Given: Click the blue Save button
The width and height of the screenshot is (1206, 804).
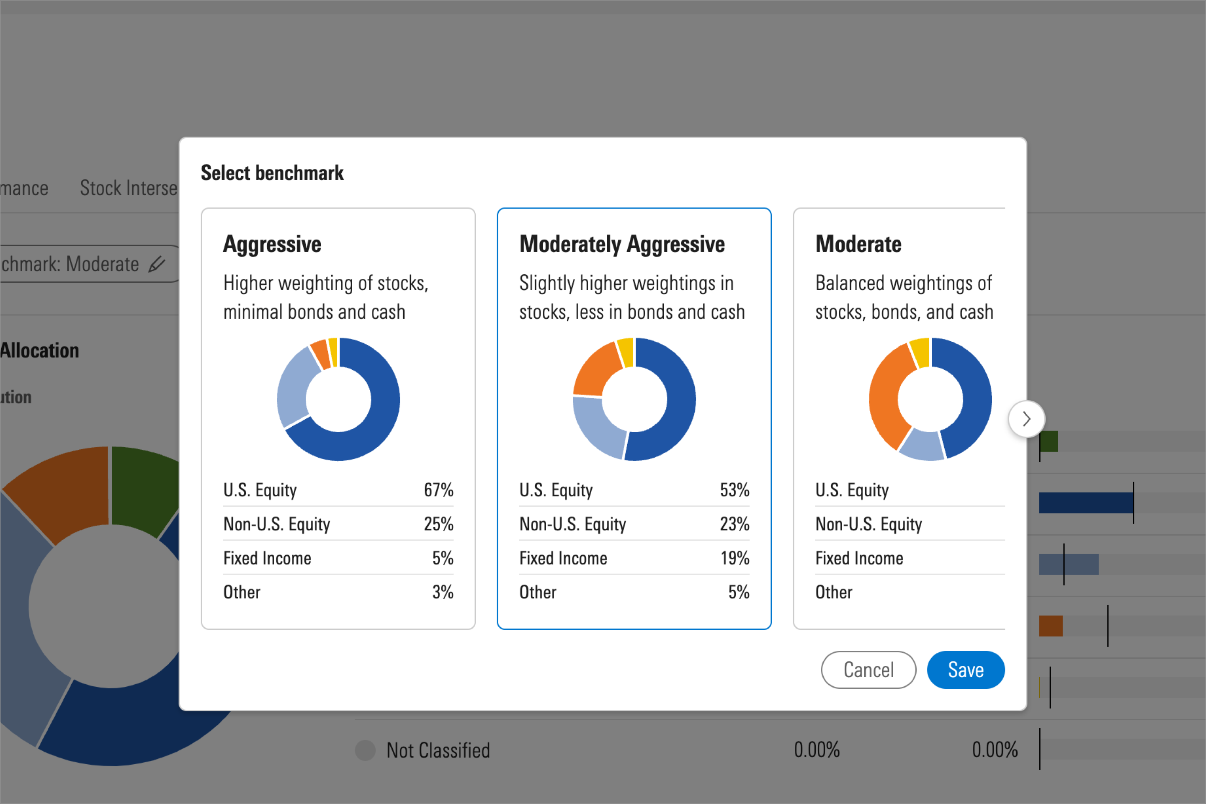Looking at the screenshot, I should [x=966, y=670].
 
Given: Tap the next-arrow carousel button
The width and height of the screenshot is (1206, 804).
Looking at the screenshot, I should [x=1026, y=419].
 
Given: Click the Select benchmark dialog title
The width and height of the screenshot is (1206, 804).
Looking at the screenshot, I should [x=272, y=173].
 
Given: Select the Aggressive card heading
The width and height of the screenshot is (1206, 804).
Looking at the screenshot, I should [x=272, y=244].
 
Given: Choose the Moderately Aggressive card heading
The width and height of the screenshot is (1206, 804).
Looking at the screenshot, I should [x=622, y=244].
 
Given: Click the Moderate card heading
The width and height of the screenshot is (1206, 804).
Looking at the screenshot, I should [x=858, y=244].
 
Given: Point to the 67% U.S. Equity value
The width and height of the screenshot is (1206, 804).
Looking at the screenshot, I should [x=438, y=490].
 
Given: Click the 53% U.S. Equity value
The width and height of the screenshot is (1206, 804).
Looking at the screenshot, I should [x=734, y=490].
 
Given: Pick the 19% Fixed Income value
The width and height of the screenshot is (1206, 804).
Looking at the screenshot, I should [x=734, y=558].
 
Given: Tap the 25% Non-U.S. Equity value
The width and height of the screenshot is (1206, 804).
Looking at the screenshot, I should [x=438, y=524].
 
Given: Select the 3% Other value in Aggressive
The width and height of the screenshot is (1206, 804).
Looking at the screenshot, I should [x=443, y=592].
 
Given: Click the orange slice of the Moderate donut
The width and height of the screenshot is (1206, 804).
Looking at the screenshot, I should [x=886, y=395].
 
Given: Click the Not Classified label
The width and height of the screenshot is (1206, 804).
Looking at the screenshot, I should [x=438, y=750].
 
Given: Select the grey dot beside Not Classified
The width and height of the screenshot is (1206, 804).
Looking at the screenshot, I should [x=365, y=750].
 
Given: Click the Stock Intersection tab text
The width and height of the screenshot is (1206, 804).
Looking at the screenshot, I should [x=128, y=188].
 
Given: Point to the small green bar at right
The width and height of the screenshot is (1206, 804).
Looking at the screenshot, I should [x=1049, y=441].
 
